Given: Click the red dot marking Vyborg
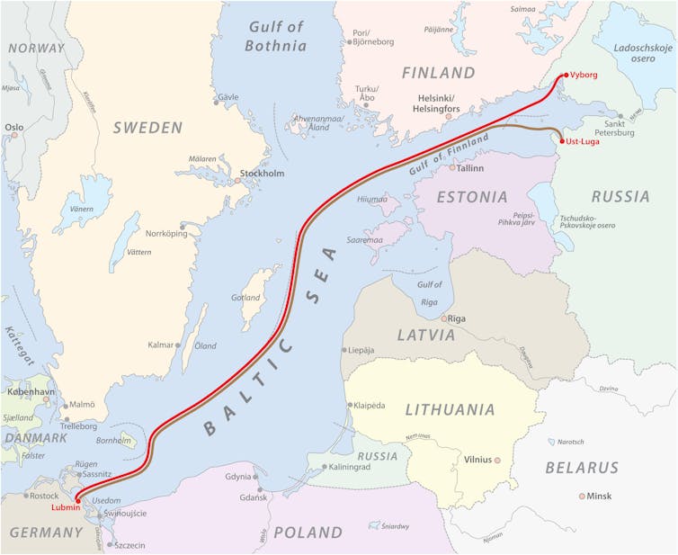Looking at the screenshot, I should (x=564, y=76).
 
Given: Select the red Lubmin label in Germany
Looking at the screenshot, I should (x=60, y=508).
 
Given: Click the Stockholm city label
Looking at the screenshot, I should (x=262, y=174).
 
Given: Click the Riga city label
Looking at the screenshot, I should (x=456, y=318).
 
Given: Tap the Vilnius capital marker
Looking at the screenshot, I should (x=496, y=460).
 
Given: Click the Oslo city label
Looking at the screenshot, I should (x=14, y=128).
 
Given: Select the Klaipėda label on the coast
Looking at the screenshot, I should (x=370, y=406).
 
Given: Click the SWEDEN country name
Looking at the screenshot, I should (x=147, y=128).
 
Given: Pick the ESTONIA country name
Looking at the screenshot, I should (x=472, y=196).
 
